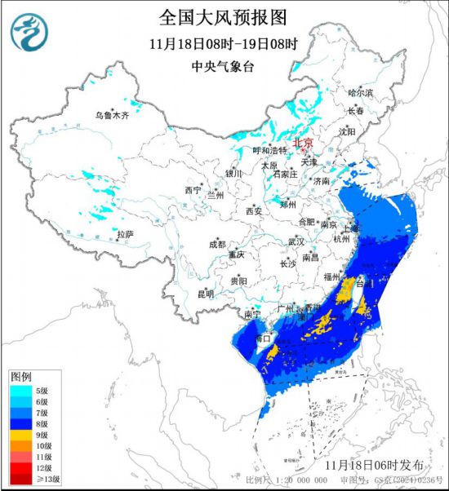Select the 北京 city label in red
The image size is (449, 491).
point(302,142)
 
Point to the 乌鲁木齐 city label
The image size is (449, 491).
point(112,116)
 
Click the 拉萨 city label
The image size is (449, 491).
point(124,234)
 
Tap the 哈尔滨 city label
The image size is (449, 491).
point(360,93)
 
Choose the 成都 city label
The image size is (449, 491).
point(217,244)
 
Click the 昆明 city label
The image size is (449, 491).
point(204,293)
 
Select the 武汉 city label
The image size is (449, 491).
point(296,241)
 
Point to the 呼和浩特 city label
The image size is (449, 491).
point(270,150)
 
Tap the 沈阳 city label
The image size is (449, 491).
point(347,130)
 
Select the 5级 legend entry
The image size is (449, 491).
point(42,391)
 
